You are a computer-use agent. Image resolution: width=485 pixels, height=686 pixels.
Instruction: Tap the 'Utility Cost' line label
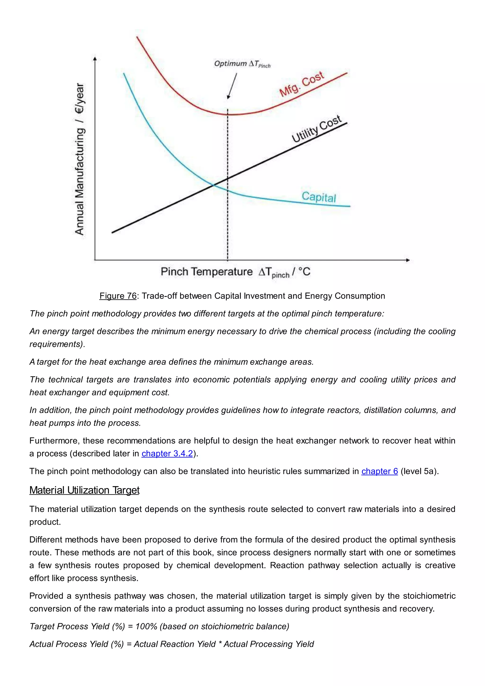(317, 129)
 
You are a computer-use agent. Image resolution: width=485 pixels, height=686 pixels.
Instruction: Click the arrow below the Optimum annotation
(232, 86)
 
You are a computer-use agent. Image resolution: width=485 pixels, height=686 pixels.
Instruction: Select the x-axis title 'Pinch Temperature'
(207, 272)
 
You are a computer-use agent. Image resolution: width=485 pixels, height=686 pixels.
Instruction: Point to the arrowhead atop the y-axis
(95, 59)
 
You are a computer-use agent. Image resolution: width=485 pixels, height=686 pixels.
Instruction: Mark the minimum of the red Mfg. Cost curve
(230, 114)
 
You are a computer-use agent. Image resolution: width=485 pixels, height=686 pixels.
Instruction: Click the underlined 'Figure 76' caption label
(118, 296)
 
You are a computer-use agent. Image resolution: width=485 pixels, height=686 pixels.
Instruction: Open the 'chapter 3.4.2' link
(167, 454)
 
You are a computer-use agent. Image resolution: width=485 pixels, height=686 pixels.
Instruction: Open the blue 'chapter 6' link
(380, 471)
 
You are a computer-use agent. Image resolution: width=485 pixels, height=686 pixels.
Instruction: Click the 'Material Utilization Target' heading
(85, 490)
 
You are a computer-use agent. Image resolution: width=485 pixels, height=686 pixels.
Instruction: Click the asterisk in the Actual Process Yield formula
(220, 644)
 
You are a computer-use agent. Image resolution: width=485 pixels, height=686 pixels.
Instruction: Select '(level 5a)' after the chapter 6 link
(419, 471)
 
